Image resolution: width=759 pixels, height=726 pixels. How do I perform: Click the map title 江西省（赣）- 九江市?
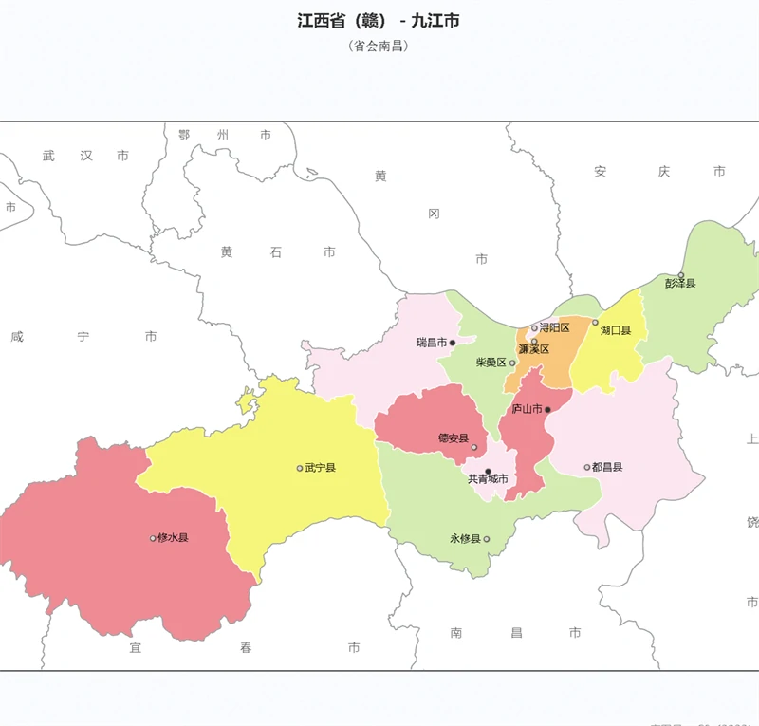coord(379,20)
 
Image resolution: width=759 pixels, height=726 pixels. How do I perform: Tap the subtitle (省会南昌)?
coord(379,46)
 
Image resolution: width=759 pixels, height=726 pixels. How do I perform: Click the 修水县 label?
coord(174,538)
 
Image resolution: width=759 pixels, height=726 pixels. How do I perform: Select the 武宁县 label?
coord(321,468)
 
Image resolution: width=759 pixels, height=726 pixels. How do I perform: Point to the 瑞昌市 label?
coord(431,343)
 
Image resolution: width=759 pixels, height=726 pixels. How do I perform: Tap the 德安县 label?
coord(453,438)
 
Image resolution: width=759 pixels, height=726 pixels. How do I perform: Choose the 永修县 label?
coord(465,539)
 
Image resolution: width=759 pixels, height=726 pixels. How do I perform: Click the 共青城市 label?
coord(488,479)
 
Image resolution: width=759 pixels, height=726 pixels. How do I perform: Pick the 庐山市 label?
coord(527,410)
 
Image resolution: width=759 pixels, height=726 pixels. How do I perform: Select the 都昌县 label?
coord(607,467)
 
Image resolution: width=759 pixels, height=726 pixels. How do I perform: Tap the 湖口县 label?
coord(616,330)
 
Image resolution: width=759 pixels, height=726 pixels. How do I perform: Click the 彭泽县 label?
coord(680,284)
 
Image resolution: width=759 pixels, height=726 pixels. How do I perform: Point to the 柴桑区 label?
coord(491,363)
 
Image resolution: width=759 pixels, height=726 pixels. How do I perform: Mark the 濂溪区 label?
coord(534,349)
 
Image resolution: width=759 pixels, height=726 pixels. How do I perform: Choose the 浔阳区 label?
coord(554,328)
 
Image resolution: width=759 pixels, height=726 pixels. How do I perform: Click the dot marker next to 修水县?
coord(153,538)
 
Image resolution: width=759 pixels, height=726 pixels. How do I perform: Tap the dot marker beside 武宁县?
coord(300,468)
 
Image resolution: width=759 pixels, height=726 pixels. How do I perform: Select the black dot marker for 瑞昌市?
coord(453,343)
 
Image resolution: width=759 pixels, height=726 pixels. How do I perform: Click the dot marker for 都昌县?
coord(587,467)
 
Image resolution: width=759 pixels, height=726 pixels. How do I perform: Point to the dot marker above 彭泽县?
coord(680,275)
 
